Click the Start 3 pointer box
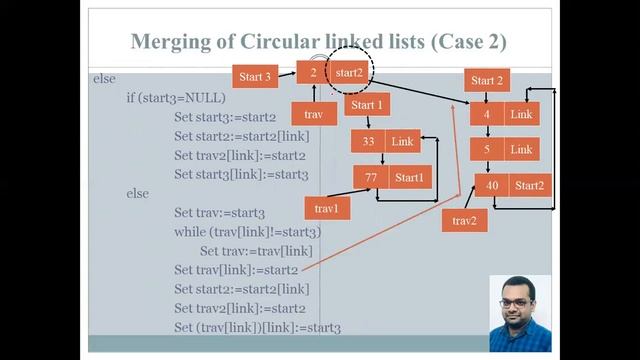click(x=255, y=76)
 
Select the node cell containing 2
click(x=313, y=73)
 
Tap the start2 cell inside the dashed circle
click(x=348, y=73)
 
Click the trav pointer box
click(x=313, y=114)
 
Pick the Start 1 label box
click(x=367, y=105)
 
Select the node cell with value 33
click(x=368, y=142)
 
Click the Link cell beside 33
click(x=402, y=142)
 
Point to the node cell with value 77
click(x=371, y=178)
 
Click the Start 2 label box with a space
click(x=489, y=81)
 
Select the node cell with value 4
click(x=487, y=115)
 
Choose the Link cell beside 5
click(x=521, y=150)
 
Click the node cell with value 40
click(x=492, y=186)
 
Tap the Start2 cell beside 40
click(x=529, y=186)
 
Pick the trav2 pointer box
click(x=465, y=220)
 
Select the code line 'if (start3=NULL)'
click(x=176, y=98)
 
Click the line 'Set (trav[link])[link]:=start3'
click(x=257, y=328)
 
